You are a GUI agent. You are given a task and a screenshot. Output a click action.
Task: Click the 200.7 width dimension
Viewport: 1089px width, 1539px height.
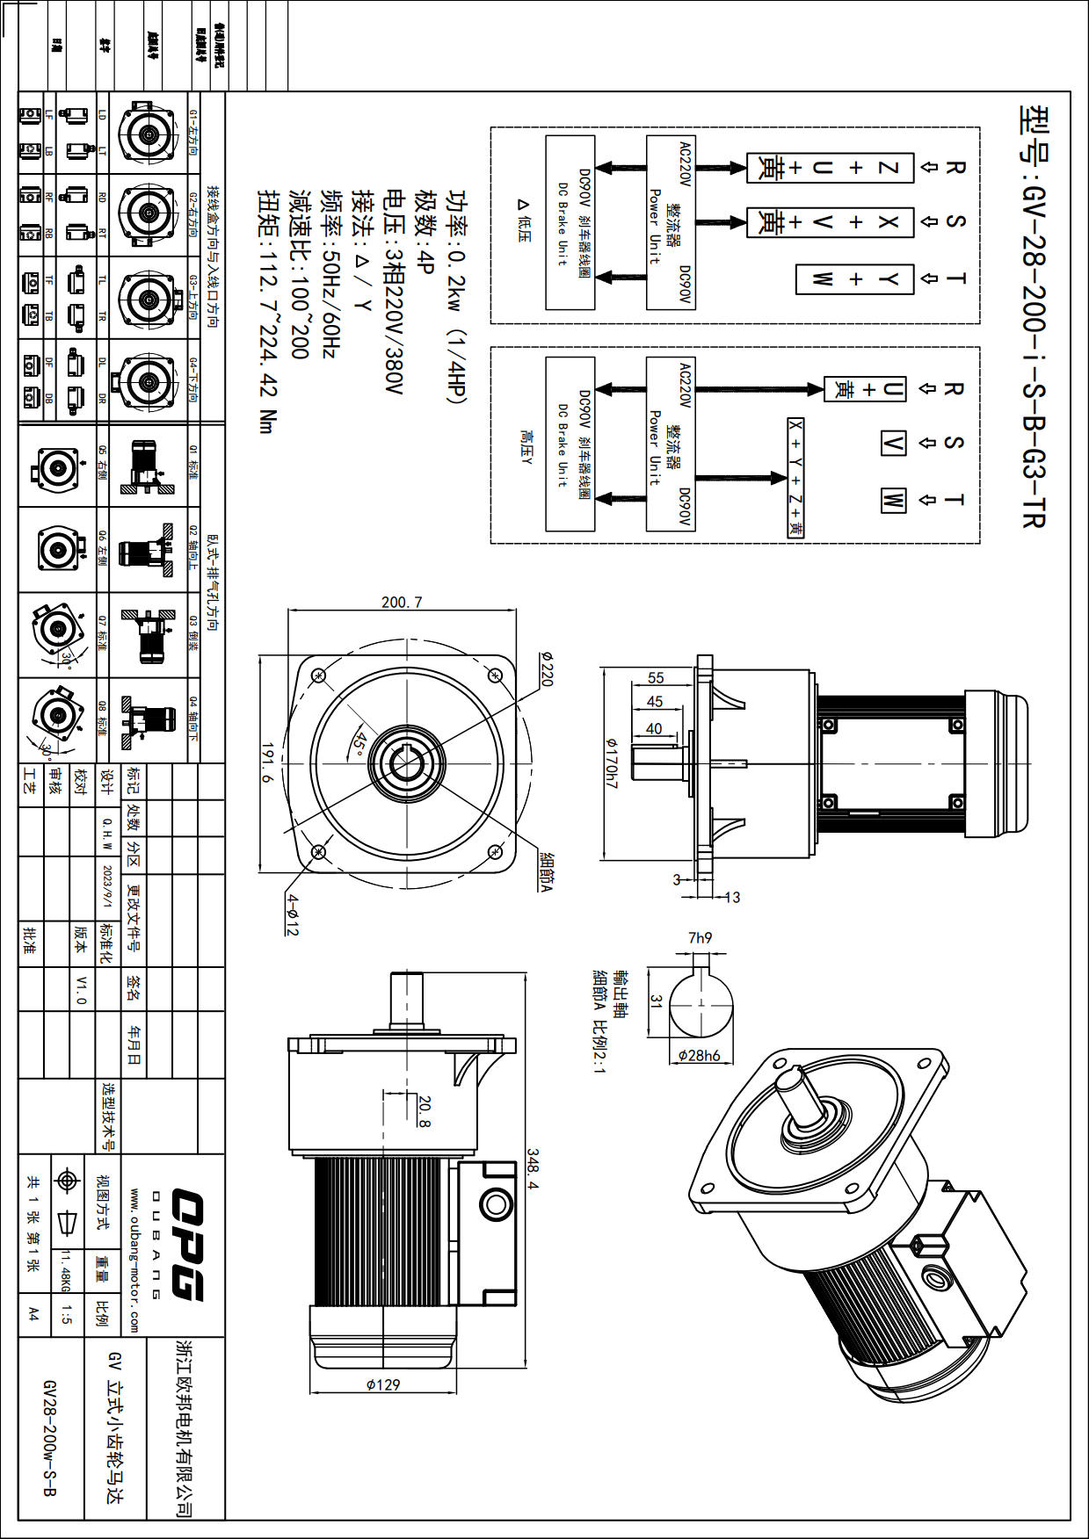[x=402, y=603]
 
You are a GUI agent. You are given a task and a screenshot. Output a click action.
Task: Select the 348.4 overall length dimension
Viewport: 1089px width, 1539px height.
[x=534, y=1168]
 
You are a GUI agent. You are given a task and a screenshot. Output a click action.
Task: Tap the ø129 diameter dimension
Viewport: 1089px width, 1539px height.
[x=383, y=1384]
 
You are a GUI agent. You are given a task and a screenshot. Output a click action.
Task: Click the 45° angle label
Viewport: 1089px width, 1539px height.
[x=359, y=741]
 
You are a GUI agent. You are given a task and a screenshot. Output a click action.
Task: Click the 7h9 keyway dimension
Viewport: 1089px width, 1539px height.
[x=701, y=938]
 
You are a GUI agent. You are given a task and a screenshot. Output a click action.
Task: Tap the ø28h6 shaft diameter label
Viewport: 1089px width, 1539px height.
[x=699, y=1055]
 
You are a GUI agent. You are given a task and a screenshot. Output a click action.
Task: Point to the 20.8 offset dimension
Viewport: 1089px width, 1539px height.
[x=425, y=1111]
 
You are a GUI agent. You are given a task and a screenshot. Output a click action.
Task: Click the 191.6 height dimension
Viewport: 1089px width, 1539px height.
[x=267, y=762]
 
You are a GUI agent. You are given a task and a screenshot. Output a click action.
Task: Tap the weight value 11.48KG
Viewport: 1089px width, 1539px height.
[x=65, y=1272]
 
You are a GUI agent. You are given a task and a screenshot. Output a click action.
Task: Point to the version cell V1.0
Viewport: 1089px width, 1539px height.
[x=82, y=989]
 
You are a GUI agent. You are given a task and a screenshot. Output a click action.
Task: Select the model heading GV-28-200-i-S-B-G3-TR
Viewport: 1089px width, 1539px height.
[x=1035, y=316]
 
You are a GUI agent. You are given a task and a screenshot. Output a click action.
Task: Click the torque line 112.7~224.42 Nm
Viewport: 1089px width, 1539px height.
[x=267, y=312]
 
